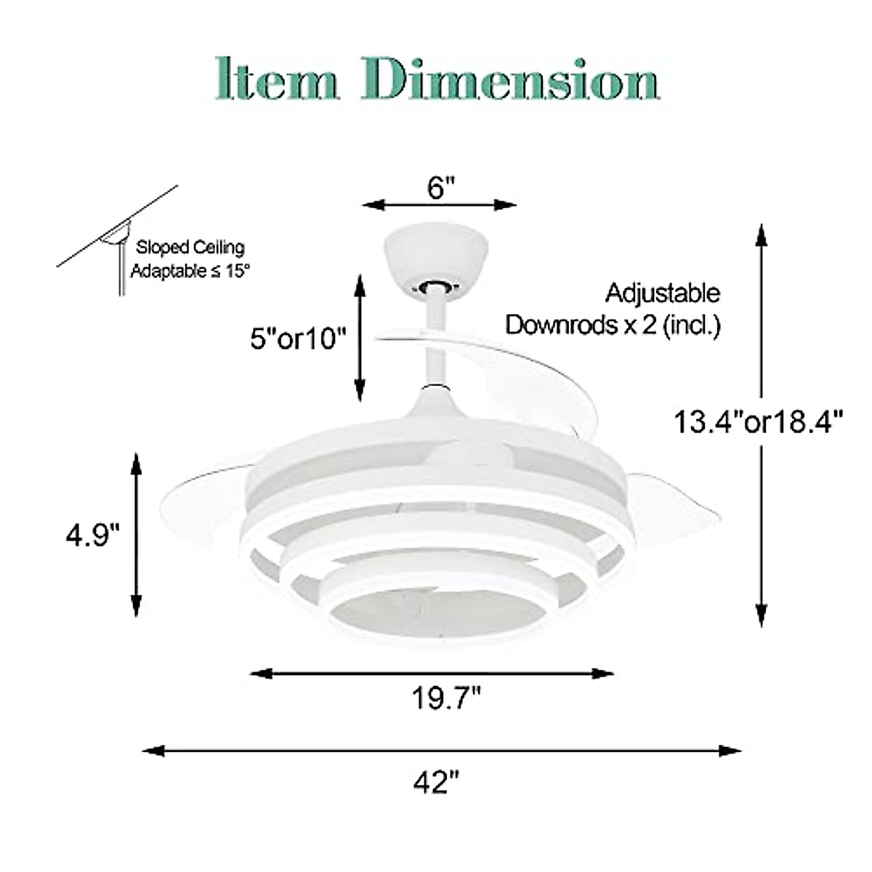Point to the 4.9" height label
(x=92, y=536)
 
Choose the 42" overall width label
(x=437, y=783)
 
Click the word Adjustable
(x=663, y=293)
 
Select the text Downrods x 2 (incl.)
(x=613, y=325)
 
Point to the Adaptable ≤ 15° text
(x=190, y=271)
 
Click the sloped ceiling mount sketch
(x=116, y=243)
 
